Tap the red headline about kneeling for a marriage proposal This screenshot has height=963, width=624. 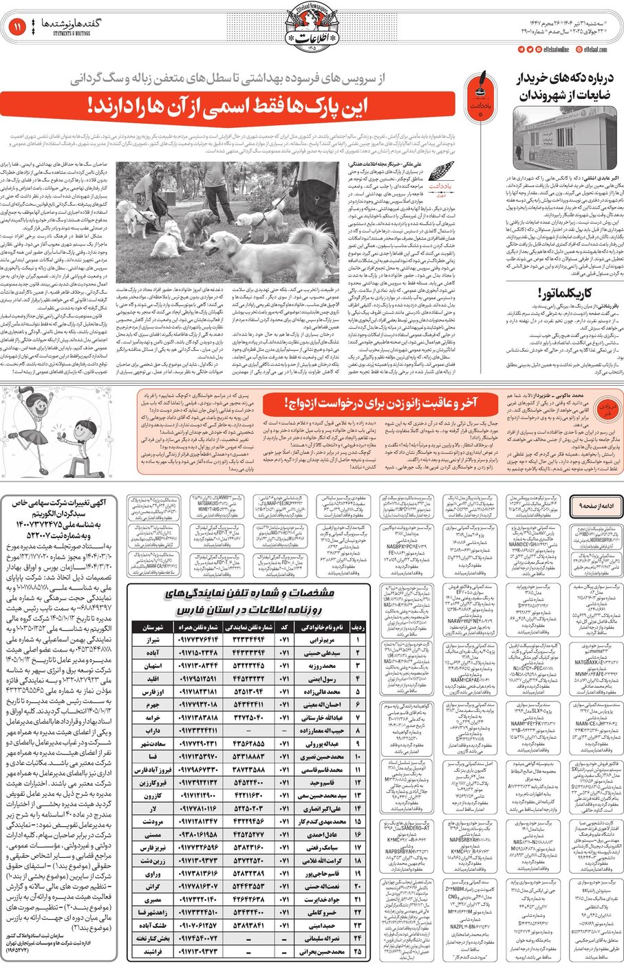[x=380, y=402]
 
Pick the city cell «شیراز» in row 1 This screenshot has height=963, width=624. [x=152, y=640]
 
